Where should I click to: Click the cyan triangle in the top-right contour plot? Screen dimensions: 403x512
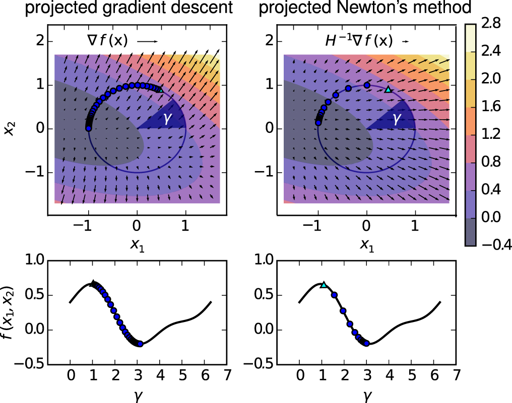tap(388, 89)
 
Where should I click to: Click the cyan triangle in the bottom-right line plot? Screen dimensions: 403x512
tap(324, 285)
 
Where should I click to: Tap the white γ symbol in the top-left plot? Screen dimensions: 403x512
tap(167, 119)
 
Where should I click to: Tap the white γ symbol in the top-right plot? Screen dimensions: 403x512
tap(397, 119)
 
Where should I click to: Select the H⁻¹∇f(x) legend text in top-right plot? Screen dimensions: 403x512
tap(359, 41)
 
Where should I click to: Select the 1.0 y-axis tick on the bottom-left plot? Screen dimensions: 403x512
tap(35, 261)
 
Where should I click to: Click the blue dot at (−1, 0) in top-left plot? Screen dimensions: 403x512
tap(88, 129)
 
